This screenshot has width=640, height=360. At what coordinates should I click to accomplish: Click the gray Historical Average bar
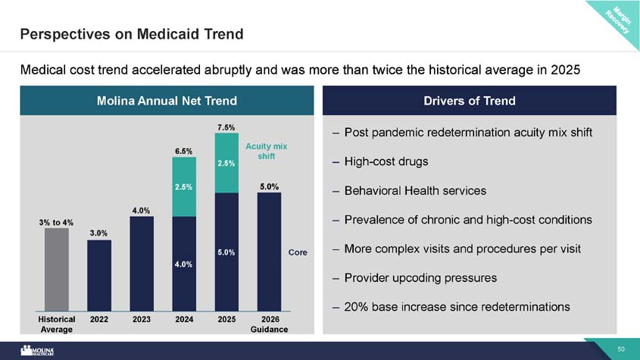(57, 270)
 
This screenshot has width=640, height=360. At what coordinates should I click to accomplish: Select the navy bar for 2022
(99, 276)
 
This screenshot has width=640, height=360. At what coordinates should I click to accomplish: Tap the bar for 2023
(142, 264)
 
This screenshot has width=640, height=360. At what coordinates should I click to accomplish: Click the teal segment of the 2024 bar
(184, 186)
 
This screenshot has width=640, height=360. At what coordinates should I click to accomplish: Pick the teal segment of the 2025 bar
(226, 163)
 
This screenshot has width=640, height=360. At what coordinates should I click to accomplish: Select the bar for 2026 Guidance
(269, 252)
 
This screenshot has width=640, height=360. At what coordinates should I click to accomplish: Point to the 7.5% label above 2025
(226, 127)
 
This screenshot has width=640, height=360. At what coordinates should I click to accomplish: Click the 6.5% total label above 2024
(184, 151)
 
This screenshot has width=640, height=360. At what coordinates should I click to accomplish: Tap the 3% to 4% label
(56, 223)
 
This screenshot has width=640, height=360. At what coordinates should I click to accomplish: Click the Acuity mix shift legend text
(266, 151)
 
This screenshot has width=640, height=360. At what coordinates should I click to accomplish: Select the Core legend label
(298, 252)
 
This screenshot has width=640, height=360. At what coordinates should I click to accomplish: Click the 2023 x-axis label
(142, 319)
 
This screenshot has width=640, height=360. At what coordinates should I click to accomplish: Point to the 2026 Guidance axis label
(270, 324)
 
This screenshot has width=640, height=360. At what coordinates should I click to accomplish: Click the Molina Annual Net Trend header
(167, 101)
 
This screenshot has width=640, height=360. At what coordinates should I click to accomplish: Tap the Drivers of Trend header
(470, 101)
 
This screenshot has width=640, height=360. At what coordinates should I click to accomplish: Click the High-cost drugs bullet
(386, 161)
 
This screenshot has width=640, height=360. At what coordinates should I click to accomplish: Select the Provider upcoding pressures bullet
(420, 278)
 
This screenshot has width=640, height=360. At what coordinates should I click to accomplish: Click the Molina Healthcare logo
(37, 351)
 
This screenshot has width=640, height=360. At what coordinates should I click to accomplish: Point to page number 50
(621, 349)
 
